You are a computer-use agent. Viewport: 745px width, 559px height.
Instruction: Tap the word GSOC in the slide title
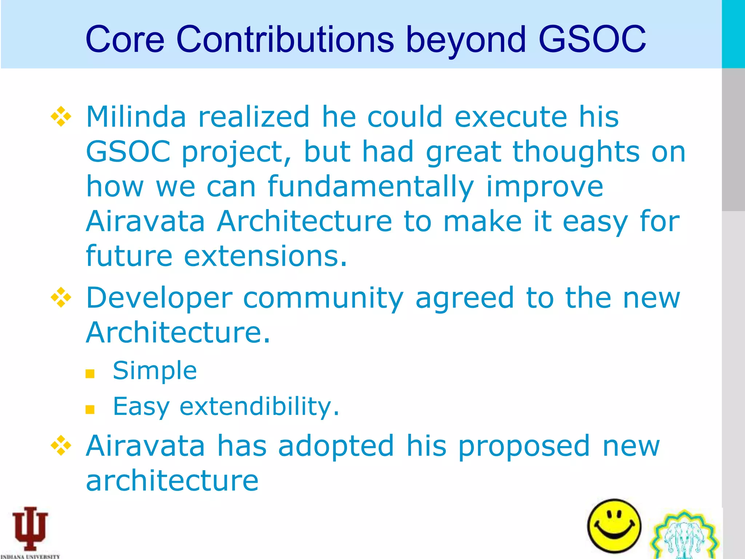pyautogui.click(x=592, y=39)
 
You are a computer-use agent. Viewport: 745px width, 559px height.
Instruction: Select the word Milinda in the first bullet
pyautogui.click(x=136, y=117)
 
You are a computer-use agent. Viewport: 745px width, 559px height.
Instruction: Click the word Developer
pyautogui.click(x=159, y=298)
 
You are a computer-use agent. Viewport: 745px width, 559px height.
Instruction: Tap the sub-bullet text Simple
pyautogui.click(x=155, y=371)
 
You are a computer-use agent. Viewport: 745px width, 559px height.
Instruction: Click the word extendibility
pyautogui.click(x=259, y=407)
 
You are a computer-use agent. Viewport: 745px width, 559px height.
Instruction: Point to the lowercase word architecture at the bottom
pyautogui.click(x=172, y=481)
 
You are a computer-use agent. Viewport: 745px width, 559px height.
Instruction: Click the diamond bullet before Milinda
pyautogui.click(x=61, y=117)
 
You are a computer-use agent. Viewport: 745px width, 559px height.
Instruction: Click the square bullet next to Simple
pyautogui.click(x=90, y=374)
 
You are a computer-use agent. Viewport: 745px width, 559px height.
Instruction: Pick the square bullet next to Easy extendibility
pyautogui.click(x=90, y=410)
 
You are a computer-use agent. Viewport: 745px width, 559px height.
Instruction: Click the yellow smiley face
pyautogui.click(x=614, y=526)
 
